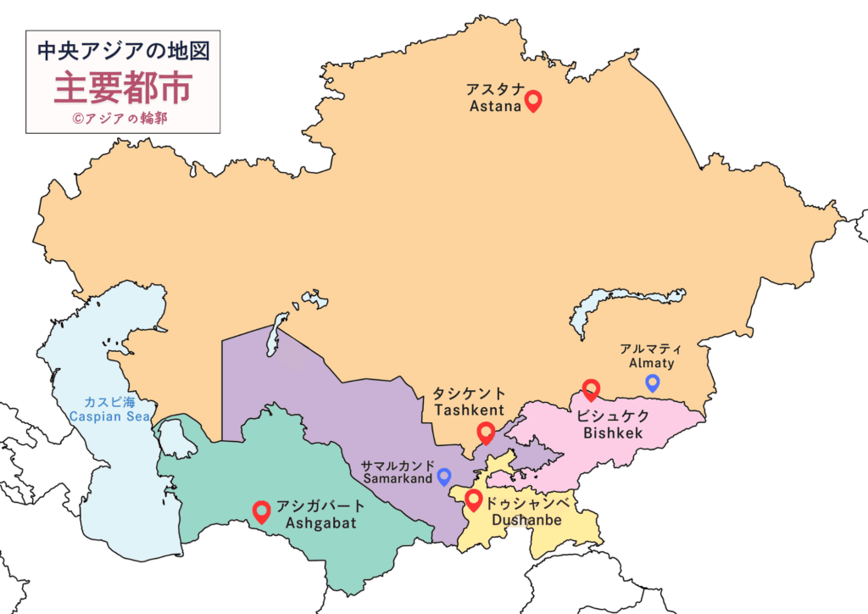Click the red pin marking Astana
[x=533, y=102]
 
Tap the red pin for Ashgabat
[x=262, y=511]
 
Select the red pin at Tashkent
[x=486, y=433]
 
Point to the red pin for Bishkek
[x=591, y=389]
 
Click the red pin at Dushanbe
[x=474, y=500]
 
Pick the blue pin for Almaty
[x=652, y=382]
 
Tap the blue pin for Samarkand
[x=443, y=477]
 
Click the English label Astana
[x=495, y=107]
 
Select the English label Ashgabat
[x=320, y=522]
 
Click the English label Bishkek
[x=613, y=433]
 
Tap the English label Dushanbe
[x=526, y=519]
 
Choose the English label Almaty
[x=651, y=363]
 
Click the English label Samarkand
[x=398, y=479]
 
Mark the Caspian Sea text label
[x=109, y=416]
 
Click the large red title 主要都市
[x=124, y=87]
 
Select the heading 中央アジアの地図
[x=124, y=50]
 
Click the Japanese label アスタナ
[x=495, y=89]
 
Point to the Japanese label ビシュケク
[x=613, y=416]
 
